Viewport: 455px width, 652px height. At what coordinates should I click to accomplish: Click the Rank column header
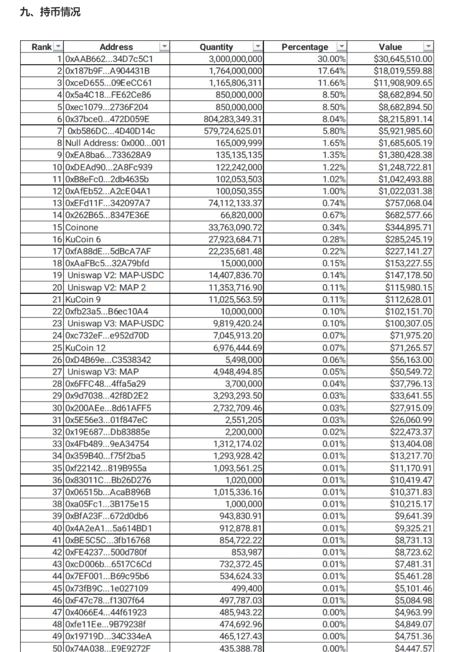42,47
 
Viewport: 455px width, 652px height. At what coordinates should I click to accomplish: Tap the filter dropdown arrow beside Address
164,46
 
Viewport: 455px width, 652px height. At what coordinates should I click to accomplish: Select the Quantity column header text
216,47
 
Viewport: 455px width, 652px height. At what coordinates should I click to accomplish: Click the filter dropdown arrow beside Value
428,46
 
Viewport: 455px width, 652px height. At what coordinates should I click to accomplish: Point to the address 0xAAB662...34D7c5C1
109,59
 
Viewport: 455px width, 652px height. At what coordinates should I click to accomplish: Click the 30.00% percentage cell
331,59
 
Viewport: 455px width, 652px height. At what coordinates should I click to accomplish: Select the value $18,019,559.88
403,71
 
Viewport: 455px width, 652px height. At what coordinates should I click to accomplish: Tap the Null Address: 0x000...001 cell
115,143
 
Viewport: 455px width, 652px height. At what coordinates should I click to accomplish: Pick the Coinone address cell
82,227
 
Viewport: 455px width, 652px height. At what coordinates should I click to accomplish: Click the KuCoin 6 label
83,239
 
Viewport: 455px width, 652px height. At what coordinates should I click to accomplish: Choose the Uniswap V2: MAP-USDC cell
115,275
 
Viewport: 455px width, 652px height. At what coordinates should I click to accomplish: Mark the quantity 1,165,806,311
235,83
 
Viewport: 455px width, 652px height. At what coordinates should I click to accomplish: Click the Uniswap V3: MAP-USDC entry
115,323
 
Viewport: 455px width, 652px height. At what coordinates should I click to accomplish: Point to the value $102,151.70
409,311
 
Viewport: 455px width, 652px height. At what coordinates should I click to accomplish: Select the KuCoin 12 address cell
85,348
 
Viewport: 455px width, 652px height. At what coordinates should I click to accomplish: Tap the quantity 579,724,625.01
233,131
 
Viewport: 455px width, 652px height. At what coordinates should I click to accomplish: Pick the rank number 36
57,480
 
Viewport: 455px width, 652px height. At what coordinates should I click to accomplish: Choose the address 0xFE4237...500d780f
106,552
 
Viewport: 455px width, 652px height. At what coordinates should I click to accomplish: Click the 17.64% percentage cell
331,71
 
